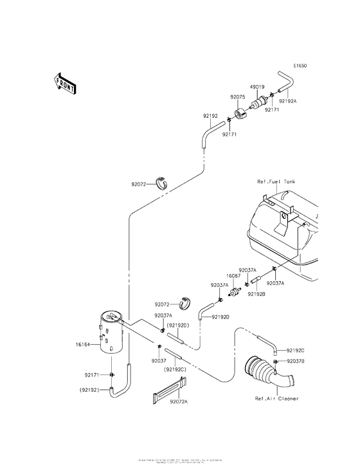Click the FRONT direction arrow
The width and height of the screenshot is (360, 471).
64,82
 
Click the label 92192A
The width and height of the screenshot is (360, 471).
288,100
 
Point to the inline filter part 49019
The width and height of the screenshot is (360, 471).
260,102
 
